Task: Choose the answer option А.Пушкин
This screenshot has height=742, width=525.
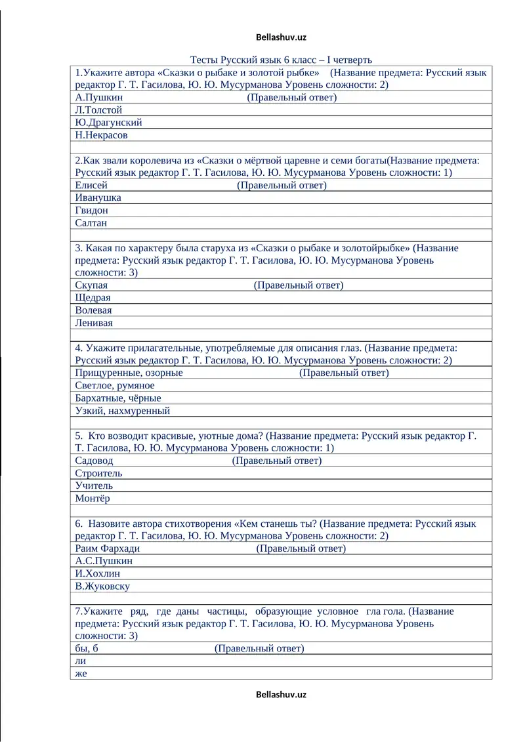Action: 99,97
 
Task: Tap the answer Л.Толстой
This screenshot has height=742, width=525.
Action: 98,110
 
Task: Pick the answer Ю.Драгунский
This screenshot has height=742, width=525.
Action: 108,122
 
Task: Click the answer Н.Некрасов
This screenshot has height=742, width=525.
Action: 102,135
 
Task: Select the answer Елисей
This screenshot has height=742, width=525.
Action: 91,185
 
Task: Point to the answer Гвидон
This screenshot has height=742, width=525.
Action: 92,211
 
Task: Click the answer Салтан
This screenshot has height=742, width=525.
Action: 91,223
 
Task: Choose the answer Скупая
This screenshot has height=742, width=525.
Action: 92,285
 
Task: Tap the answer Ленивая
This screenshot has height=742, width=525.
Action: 94,323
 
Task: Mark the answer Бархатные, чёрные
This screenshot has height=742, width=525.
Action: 118,398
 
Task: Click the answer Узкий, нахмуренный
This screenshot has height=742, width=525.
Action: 123,411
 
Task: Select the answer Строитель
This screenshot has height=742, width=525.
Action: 99,473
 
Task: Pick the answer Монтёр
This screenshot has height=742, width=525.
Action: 93,498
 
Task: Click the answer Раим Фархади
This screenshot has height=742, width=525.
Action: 108,548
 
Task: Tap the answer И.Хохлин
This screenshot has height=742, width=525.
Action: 98,573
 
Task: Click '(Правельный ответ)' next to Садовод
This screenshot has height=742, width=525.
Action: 277,461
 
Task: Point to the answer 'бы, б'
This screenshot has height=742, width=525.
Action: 87,649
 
